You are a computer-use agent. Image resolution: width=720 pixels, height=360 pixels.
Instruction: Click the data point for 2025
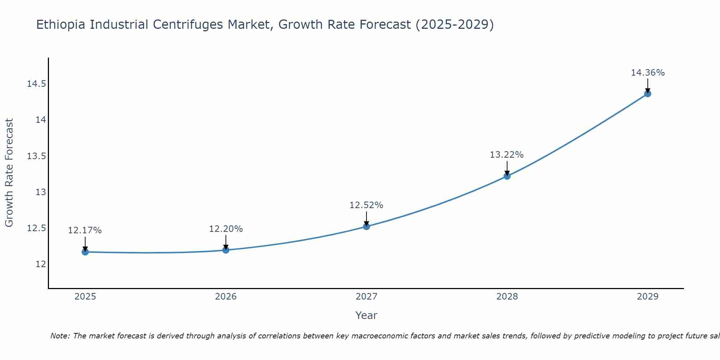(x=85, y=252)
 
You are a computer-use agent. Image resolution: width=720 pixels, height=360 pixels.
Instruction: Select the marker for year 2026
(x=226, y=250)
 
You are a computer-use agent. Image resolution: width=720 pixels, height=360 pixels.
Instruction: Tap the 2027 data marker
(x=366, y=226)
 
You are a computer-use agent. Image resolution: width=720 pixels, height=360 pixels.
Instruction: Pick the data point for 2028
(x=507, y=176)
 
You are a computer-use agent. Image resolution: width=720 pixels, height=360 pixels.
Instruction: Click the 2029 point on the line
(x=648, y=94)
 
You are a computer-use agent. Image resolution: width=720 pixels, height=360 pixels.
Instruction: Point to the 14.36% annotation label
(x=648, y=73)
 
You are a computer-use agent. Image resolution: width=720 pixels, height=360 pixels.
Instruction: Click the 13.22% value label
(x=507, y=155)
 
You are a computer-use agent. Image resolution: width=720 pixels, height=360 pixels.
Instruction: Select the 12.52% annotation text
(x=366, y=205)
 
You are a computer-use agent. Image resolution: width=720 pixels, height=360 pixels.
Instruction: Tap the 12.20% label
(x=226, y=229)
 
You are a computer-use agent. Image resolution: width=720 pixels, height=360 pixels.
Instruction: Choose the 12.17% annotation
(x=85, y=230)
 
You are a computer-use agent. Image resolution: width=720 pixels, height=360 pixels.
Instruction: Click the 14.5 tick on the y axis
(x=36, y=84)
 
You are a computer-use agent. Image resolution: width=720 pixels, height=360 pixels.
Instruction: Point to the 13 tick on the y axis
(x=41, y=192)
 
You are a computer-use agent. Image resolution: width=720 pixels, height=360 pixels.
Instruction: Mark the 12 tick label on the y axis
(x=41, y=264)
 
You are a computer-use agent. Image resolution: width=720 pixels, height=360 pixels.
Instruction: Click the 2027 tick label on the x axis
(x=366, y=297)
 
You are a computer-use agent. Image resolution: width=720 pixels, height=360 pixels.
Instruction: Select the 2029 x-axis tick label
(x=648, y=297)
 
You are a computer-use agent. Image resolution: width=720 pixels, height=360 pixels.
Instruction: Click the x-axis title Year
(x=366, y=315)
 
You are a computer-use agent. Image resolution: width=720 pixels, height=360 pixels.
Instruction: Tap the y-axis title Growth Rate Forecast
(x=9, y=173)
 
